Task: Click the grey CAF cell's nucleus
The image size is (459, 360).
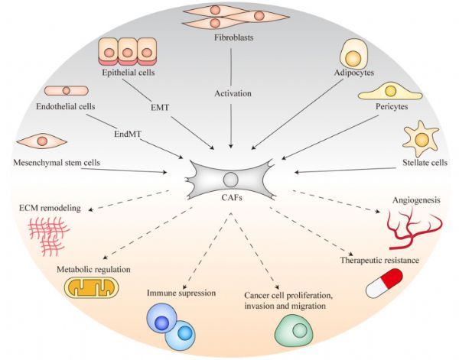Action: [231, 180]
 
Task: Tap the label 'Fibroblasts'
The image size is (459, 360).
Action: [233, 37]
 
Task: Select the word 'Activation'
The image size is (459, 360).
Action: [233, 93]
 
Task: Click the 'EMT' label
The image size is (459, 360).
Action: [160, 108]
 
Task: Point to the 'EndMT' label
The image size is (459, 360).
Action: [128, 135]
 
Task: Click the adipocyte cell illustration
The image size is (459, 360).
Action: [353, 54]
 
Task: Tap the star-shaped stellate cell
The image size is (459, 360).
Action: [422, 138]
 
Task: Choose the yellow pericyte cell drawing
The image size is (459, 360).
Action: [390, 92]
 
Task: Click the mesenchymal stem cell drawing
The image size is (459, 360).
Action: [42, 141]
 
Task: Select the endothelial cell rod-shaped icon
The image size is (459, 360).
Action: [66, 91]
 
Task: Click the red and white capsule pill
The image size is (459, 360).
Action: [384, 283]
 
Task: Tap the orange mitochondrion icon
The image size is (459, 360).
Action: [92, 287]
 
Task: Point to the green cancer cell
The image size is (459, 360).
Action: [294, 330]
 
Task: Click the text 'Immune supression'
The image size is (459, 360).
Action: [181, 293]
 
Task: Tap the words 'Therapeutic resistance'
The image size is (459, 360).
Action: [379, 260]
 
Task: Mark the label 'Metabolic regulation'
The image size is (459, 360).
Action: [93, 269]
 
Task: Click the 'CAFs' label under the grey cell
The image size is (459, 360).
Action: [232, 198]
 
